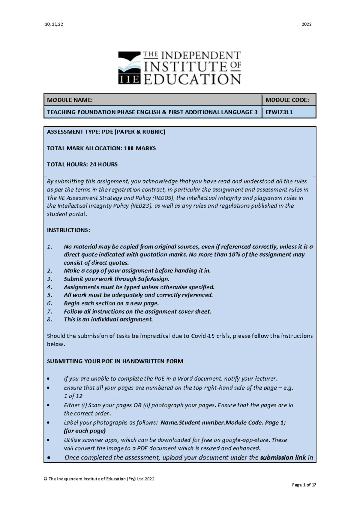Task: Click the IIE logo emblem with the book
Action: pos(129,68)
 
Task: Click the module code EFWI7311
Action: pos(279,112)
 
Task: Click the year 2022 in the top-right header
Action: pos(306,24)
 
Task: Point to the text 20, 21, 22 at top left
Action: pos(54,24)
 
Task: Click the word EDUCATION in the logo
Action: pos(192,80)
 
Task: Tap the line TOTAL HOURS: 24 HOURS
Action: pos(82,164)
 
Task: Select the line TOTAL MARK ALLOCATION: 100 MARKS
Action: pos(101,148)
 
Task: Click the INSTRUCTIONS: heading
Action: pos(68,230)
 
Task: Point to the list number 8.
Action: pos(49,319)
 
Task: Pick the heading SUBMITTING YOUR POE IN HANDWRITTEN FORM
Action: pos(115,361)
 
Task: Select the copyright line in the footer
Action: pos(99,479)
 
